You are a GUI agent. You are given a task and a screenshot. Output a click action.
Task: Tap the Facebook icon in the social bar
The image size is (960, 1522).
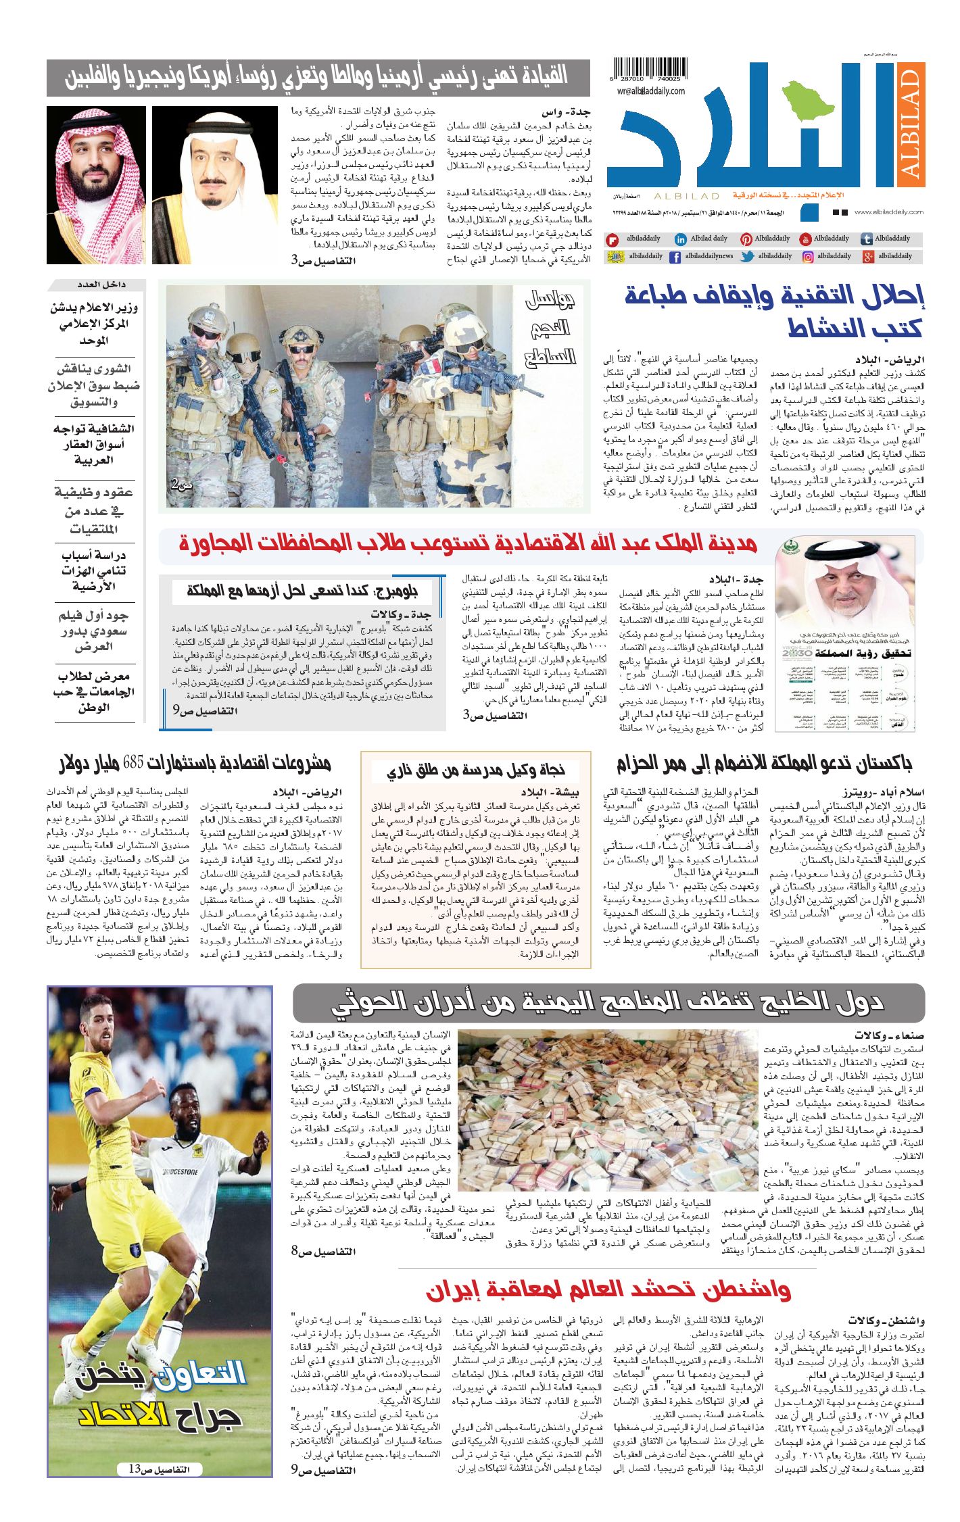675,257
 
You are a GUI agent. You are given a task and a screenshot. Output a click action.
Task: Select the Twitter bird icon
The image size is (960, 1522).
747,257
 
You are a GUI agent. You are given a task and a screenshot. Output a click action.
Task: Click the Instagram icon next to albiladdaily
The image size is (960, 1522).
807,257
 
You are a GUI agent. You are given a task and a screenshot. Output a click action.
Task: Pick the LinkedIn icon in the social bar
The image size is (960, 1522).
681,239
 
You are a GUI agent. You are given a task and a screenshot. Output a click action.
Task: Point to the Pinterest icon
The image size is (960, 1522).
746,239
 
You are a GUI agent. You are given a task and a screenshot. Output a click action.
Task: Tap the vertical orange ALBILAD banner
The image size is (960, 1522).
910,124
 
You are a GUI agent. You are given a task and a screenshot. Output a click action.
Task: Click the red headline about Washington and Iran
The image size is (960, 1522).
608,1289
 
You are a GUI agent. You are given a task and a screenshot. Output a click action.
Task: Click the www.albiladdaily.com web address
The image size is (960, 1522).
888,212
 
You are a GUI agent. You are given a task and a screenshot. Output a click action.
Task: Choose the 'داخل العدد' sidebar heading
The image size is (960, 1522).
95,285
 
